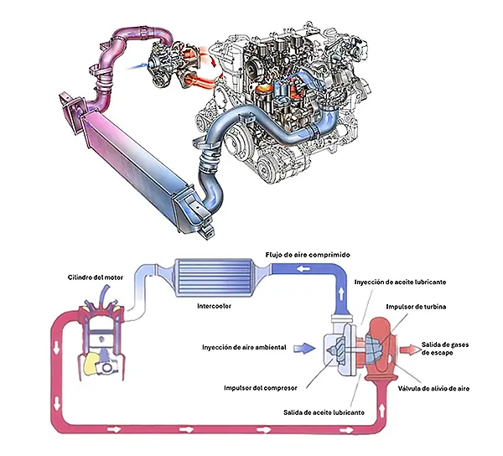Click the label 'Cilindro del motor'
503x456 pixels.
pos(92,277)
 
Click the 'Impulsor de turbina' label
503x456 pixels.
pos(417,307)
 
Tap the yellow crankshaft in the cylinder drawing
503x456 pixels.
pos(92,362)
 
